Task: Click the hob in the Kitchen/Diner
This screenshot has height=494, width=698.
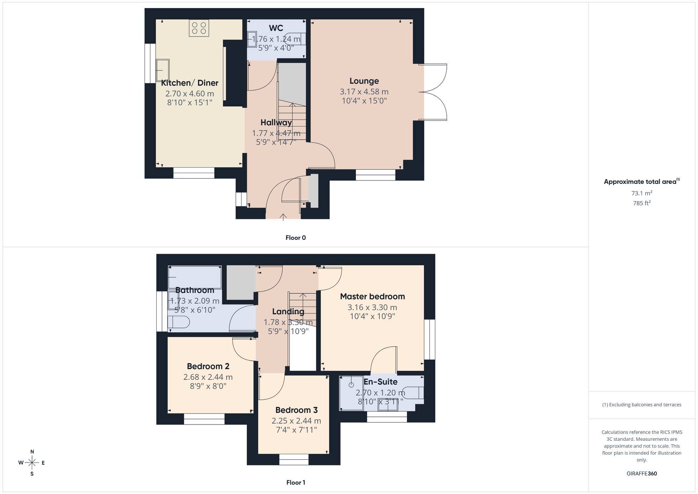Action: point(199,28)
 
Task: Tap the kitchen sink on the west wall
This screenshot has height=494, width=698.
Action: point(163,70)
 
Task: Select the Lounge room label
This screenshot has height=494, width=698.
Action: point(364,81)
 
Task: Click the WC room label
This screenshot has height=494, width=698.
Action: point(276,28)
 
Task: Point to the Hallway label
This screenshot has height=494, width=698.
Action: point(276,123)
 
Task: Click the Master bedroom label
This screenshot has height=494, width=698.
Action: point(372,296)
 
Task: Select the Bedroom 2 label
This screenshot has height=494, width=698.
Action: point(208,366)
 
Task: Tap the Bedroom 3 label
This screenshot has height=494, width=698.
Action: point(296,410)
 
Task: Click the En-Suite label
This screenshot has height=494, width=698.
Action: point(380,382)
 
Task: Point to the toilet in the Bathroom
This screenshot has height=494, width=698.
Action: point(179,322)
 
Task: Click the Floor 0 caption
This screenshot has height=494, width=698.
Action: point(296,238)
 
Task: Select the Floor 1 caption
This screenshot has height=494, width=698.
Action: point(296,482)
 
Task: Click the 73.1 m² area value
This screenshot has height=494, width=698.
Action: point(642,193)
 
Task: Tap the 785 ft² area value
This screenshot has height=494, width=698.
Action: point(642,203)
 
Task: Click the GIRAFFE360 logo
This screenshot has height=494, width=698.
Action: point(642,474)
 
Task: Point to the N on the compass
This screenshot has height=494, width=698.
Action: point(32,452)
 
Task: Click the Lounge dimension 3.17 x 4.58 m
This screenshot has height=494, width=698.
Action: point(364,92)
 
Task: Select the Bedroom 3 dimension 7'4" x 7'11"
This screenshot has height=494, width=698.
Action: point(296,430)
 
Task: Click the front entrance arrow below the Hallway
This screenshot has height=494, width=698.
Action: point(283,217)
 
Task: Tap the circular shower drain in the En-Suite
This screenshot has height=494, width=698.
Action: point(351,385)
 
